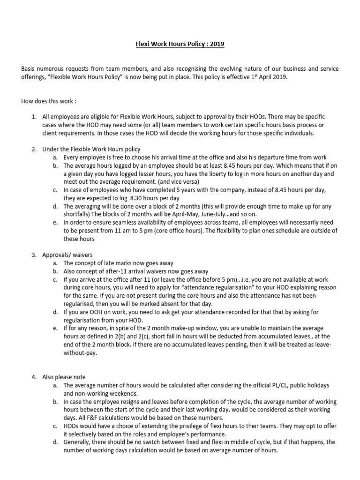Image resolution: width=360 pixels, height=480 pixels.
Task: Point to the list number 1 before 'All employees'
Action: pos(34,116)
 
